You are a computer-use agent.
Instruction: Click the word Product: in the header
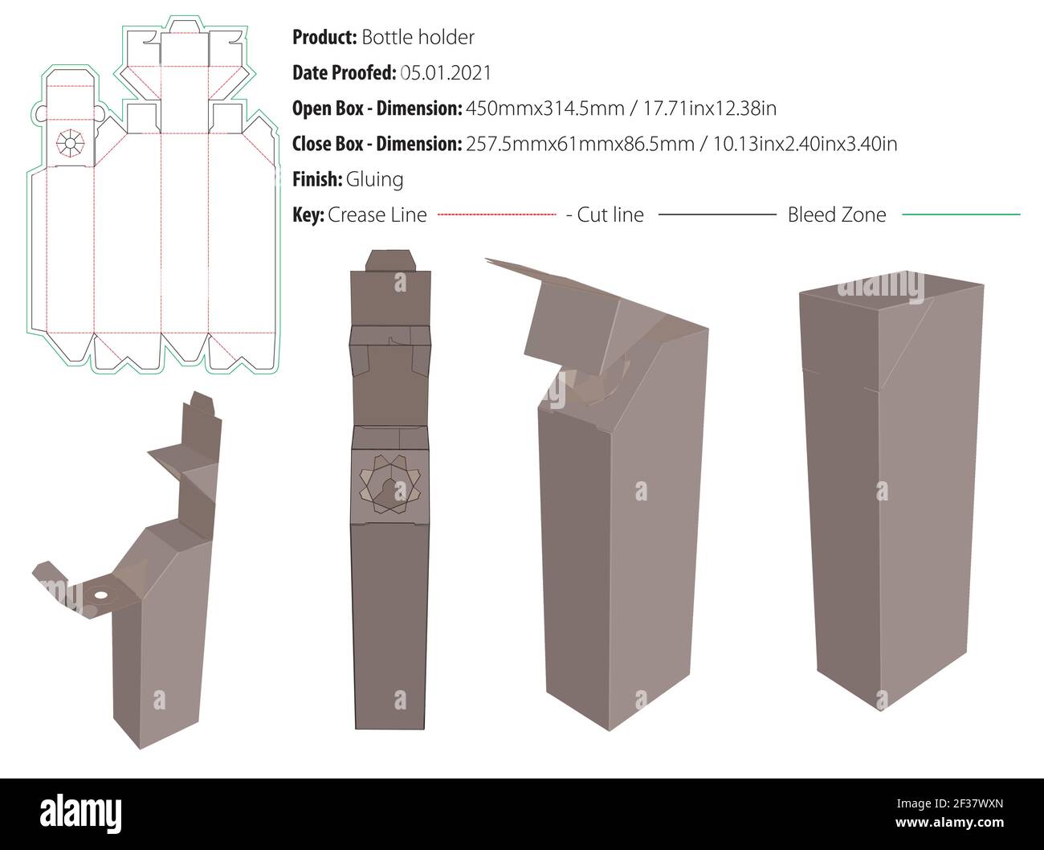[x=324, y=38]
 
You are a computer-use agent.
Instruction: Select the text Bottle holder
[x=418, y=38]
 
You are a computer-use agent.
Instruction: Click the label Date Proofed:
[x=344, y=73]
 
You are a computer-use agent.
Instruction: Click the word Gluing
[x=374, y=179]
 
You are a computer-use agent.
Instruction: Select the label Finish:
[x=317, y=179]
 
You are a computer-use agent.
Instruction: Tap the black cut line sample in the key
[x=716, y=215]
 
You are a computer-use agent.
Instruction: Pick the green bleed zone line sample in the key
[x=960, y=215]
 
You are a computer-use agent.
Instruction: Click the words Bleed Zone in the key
[x=837, y=215]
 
